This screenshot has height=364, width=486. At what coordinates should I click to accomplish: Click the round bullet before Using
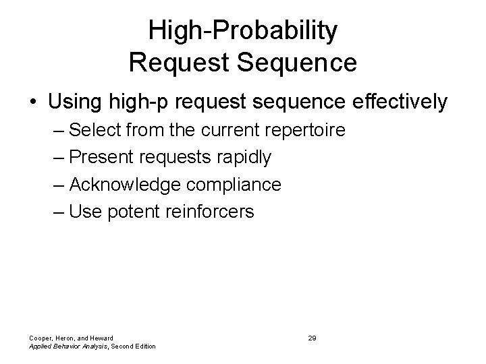click(33, 102)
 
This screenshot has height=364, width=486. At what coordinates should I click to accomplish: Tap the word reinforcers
click(208, 212)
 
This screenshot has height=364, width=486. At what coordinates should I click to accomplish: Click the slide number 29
click(312, 337)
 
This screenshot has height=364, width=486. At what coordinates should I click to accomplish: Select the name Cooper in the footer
click(40, 337)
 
